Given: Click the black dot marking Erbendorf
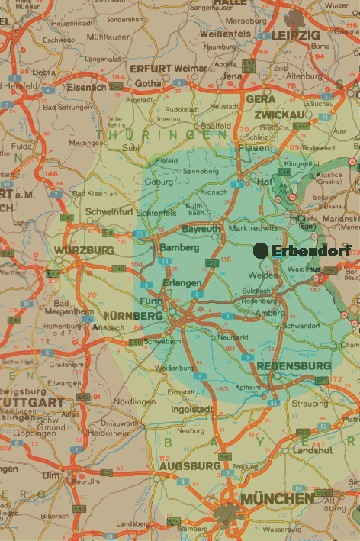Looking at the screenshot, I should tap(261, 250).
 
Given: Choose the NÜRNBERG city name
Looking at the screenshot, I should tap(136, 316).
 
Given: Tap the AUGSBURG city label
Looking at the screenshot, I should tap(189, 465).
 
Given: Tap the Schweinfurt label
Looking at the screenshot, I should tap(111, 211).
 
